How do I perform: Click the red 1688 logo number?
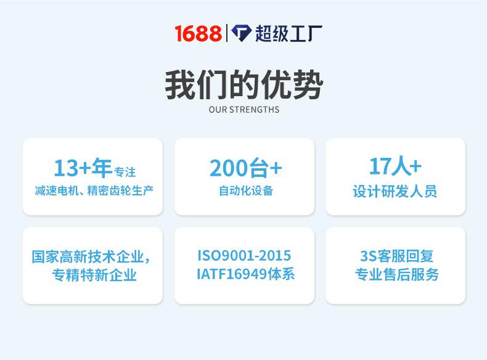click(x=197, y=33)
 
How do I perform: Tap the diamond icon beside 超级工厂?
click(x=242, y=33)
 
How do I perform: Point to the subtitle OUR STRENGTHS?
click(x=243, y=110)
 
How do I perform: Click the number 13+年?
click(x=83, y=168)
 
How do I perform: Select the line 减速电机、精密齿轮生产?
click(x=93, y=190)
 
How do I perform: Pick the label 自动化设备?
click(x=245, y=190)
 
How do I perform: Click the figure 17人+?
click(x=395, y=166)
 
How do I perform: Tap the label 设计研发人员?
click(x=395, y=191)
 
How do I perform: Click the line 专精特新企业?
click(x=94, y=275)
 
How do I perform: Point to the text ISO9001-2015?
click(x=244, y=255)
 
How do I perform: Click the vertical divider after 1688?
click(x=227, y=33)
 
